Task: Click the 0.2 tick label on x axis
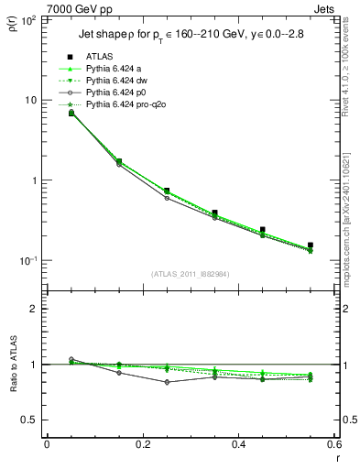click(142, 444)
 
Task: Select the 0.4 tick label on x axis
click(238, 444)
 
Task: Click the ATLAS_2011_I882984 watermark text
click(190, 274)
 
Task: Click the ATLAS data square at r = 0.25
click(166, 191)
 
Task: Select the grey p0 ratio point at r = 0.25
click(166, 382)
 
